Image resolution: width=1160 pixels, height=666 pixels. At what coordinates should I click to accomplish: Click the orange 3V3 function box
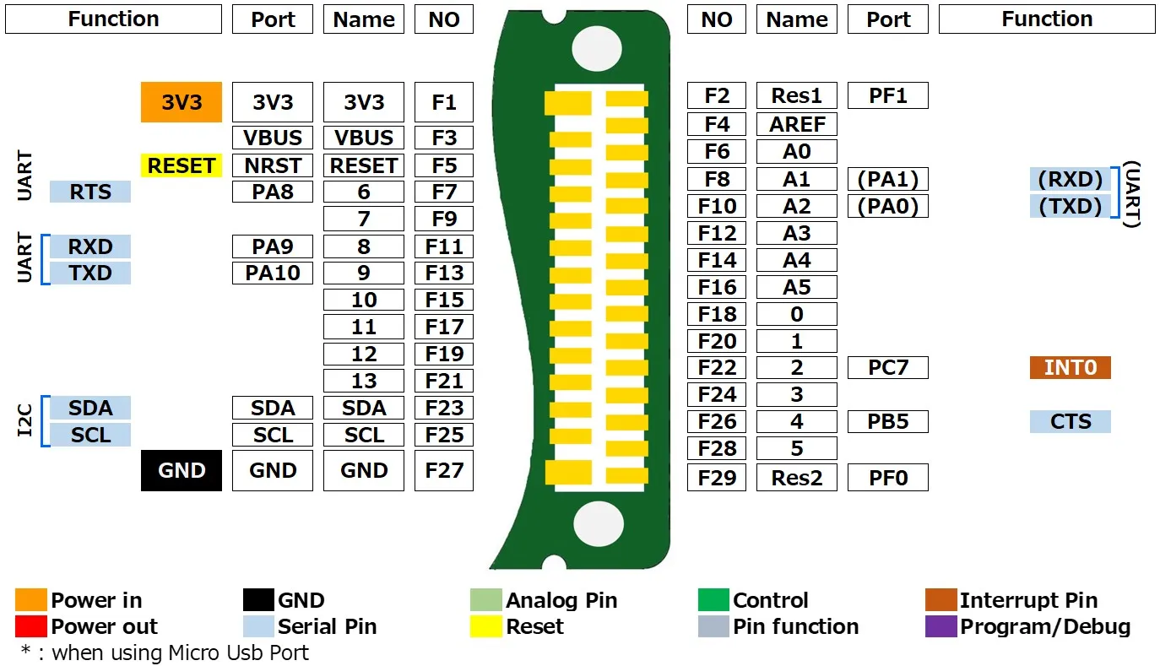(182, 102)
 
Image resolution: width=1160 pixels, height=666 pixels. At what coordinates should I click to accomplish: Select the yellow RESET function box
(182, 165)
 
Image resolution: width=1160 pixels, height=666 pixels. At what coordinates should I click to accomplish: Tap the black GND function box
(182, 470)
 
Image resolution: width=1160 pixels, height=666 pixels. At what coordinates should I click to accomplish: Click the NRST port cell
(273, 165)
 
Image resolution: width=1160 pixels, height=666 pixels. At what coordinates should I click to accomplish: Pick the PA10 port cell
(273, 273)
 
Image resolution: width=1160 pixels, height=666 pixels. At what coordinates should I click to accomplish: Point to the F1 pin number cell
(444, 102)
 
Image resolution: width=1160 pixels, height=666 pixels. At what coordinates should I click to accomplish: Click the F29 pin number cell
(717, 478)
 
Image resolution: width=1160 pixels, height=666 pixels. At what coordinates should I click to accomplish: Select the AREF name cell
(797, 124)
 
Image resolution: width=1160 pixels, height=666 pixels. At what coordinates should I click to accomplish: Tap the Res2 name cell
(797, 478)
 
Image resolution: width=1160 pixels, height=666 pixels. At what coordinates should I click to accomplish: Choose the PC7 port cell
(888, 367)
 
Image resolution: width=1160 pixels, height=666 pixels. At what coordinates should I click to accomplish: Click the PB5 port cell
(888, 421)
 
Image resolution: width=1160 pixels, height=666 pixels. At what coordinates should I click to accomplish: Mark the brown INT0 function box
(1071, 367)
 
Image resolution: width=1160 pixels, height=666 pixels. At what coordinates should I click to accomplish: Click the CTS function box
(1071, 421)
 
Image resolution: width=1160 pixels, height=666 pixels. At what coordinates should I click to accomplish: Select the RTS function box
(90, 192)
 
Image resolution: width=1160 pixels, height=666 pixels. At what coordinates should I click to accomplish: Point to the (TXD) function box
(1071, 206)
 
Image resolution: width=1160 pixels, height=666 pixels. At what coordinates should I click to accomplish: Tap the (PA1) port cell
(888, 179)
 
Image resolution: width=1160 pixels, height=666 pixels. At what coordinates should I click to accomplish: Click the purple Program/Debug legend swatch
(941, 626)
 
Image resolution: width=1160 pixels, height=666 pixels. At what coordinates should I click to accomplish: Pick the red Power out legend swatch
(31, 626)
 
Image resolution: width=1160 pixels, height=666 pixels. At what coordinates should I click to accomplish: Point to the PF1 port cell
(888, 95)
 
